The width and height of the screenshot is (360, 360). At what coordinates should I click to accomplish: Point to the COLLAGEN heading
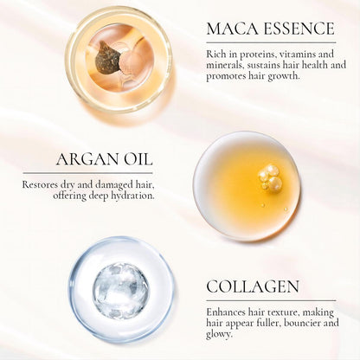[253, 286]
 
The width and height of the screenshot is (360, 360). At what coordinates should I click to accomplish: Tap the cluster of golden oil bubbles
[270, 177]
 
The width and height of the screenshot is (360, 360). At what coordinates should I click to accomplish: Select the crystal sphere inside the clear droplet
[120, 291]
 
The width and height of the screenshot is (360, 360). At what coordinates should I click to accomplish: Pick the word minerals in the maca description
[227, 65]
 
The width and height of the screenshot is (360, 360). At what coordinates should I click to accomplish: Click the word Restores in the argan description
[43, 183]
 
